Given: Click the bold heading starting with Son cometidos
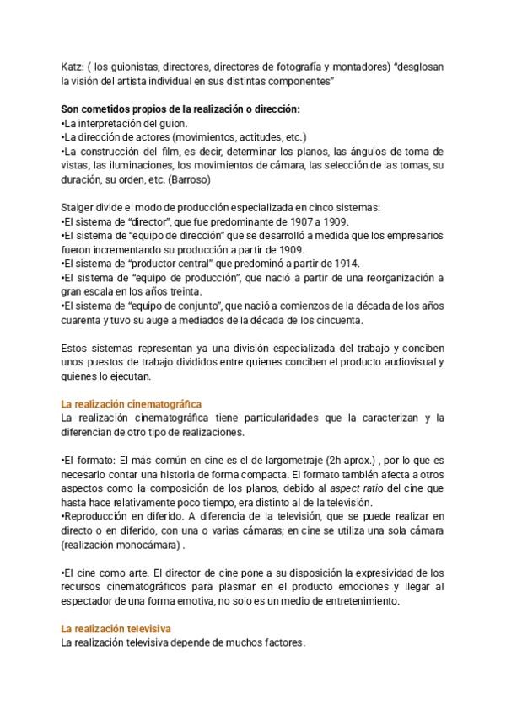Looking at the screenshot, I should (180, 109).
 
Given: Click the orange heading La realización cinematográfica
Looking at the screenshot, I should (131, 405).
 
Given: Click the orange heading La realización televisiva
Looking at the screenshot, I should (115, 629).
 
